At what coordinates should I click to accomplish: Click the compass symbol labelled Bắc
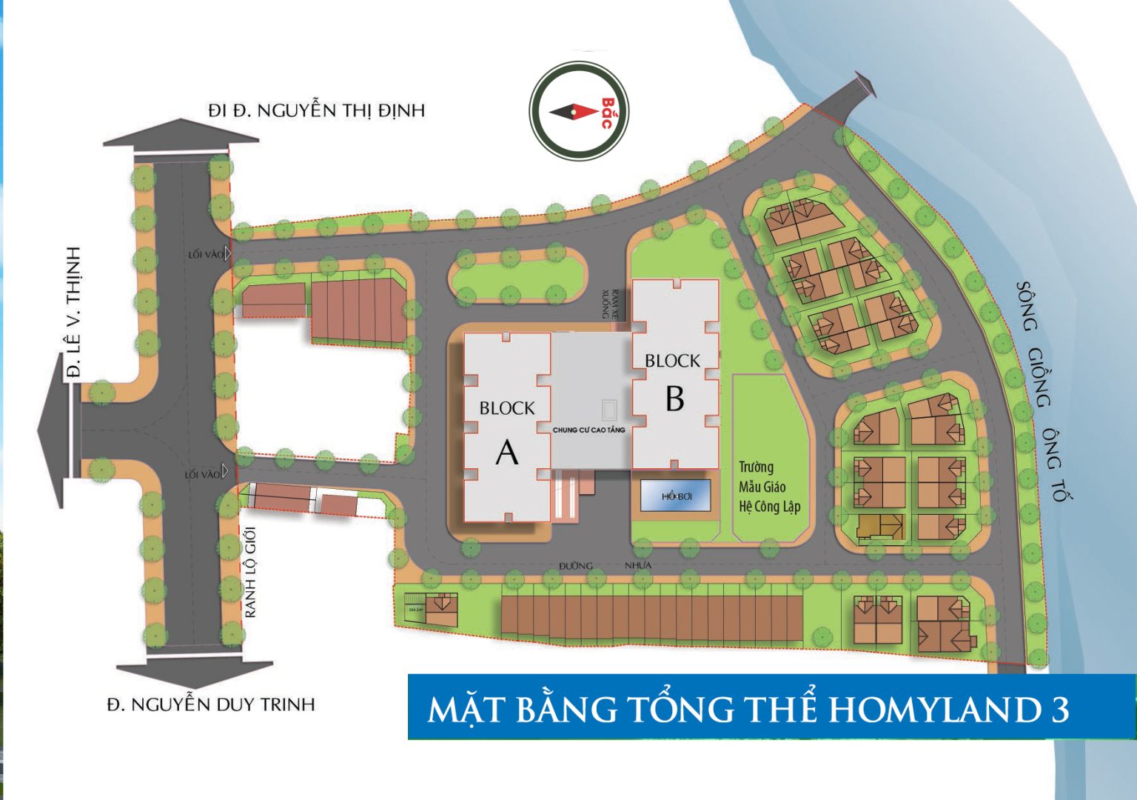click(x=579, y=111)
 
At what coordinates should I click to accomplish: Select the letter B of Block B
click(x=674, y=399)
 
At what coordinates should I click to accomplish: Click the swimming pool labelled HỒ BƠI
click(x=676, y=496)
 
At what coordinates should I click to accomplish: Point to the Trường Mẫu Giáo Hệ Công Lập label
click(x=768, y=487)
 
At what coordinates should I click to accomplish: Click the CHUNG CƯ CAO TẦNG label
click(x=588, y=430)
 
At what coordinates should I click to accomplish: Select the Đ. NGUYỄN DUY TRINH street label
click(x=211, y=704)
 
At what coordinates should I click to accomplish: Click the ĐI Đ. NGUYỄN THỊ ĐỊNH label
click(x=316, y=110)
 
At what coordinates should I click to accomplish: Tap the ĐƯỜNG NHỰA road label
click(x=606, y=565)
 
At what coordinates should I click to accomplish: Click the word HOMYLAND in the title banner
click(x=933, y=709)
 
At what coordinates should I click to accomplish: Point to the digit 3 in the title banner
click(x=1060, y=710)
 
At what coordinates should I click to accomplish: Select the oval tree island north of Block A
click(x=516, y=276)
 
